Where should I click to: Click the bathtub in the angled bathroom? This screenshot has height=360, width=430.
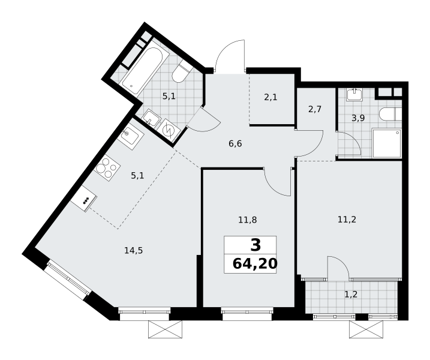coord(142,71)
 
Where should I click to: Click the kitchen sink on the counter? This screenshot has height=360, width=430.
coord(131,136)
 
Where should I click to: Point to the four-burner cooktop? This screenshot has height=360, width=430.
coord(107,167)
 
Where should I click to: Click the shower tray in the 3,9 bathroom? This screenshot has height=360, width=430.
coord(387,143)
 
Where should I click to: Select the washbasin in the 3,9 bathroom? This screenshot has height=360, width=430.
coord(356,94)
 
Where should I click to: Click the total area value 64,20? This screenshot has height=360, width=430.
coord(255,264)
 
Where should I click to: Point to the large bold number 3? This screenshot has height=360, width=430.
coord(255,245)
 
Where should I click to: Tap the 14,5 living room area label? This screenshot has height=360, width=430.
coord(134,250)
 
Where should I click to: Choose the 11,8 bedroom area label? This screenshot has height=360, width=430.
coord(248,220)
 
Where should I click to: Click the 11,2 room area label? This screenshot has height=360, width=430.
coord(347,219)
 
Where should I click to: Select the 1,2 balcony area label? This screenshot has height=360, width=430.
coord(351,295)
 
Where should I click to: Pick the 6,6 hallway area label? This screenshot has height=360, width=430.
coord(235,143)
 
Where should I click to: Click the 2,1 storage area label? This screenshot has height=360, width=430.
coord(270,97)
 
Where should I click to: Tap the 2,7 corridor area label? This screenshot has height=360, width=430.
coord(314,109)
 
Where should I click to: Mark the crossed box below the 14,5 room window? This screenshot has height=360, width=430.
coord(165,329)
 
